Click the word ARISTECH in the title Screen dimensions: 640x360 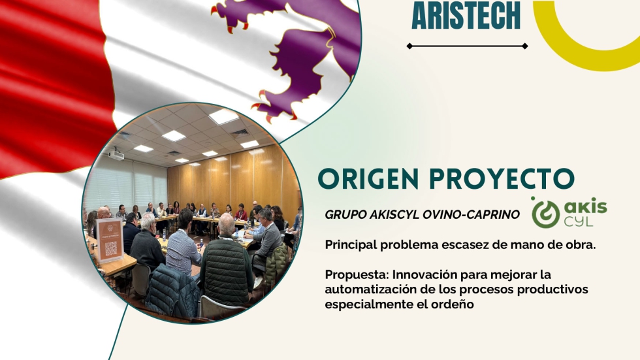(x=466, y=15)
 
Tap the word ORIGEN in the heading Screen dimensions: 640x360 (x=368, y=178)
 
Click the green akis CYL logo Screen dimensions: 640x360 (x=569, y=212)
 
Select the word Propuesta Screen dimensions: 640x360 (x=357, y=274)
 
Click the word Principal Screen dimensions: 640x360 (x=351, y=245)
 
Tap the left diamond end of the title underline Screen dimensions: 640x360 (x=409, y=46)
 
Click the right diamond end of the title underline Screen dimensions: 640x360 (x=525, y=46)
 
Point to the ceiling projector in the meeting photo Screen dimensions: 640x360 (x=116, y=155)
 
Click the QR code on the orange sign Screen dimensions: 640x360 (x=110, y=248)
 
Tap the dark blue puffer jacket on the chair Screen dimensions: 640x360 (x=172, y=285)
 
